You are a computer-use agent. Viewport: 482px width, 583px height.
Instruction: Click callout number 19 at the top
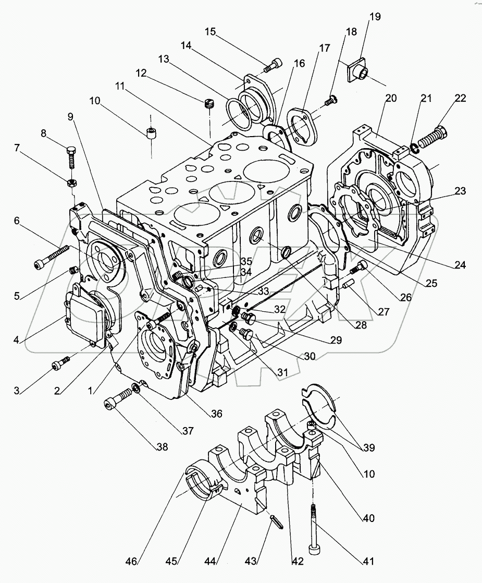375,17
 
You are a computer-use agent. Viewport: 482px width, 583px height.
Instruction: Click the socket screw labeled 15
273,66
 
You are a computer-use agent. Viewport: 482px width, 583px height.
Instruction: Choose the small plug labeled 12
209,105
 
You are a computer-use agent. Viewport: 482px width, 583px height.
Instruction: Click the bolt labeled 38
117,403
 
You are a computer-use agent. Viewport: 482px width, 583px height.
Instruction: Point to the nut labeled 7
71,183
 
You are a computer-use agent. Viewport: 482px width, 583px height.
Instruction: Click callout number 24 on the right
459,265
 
